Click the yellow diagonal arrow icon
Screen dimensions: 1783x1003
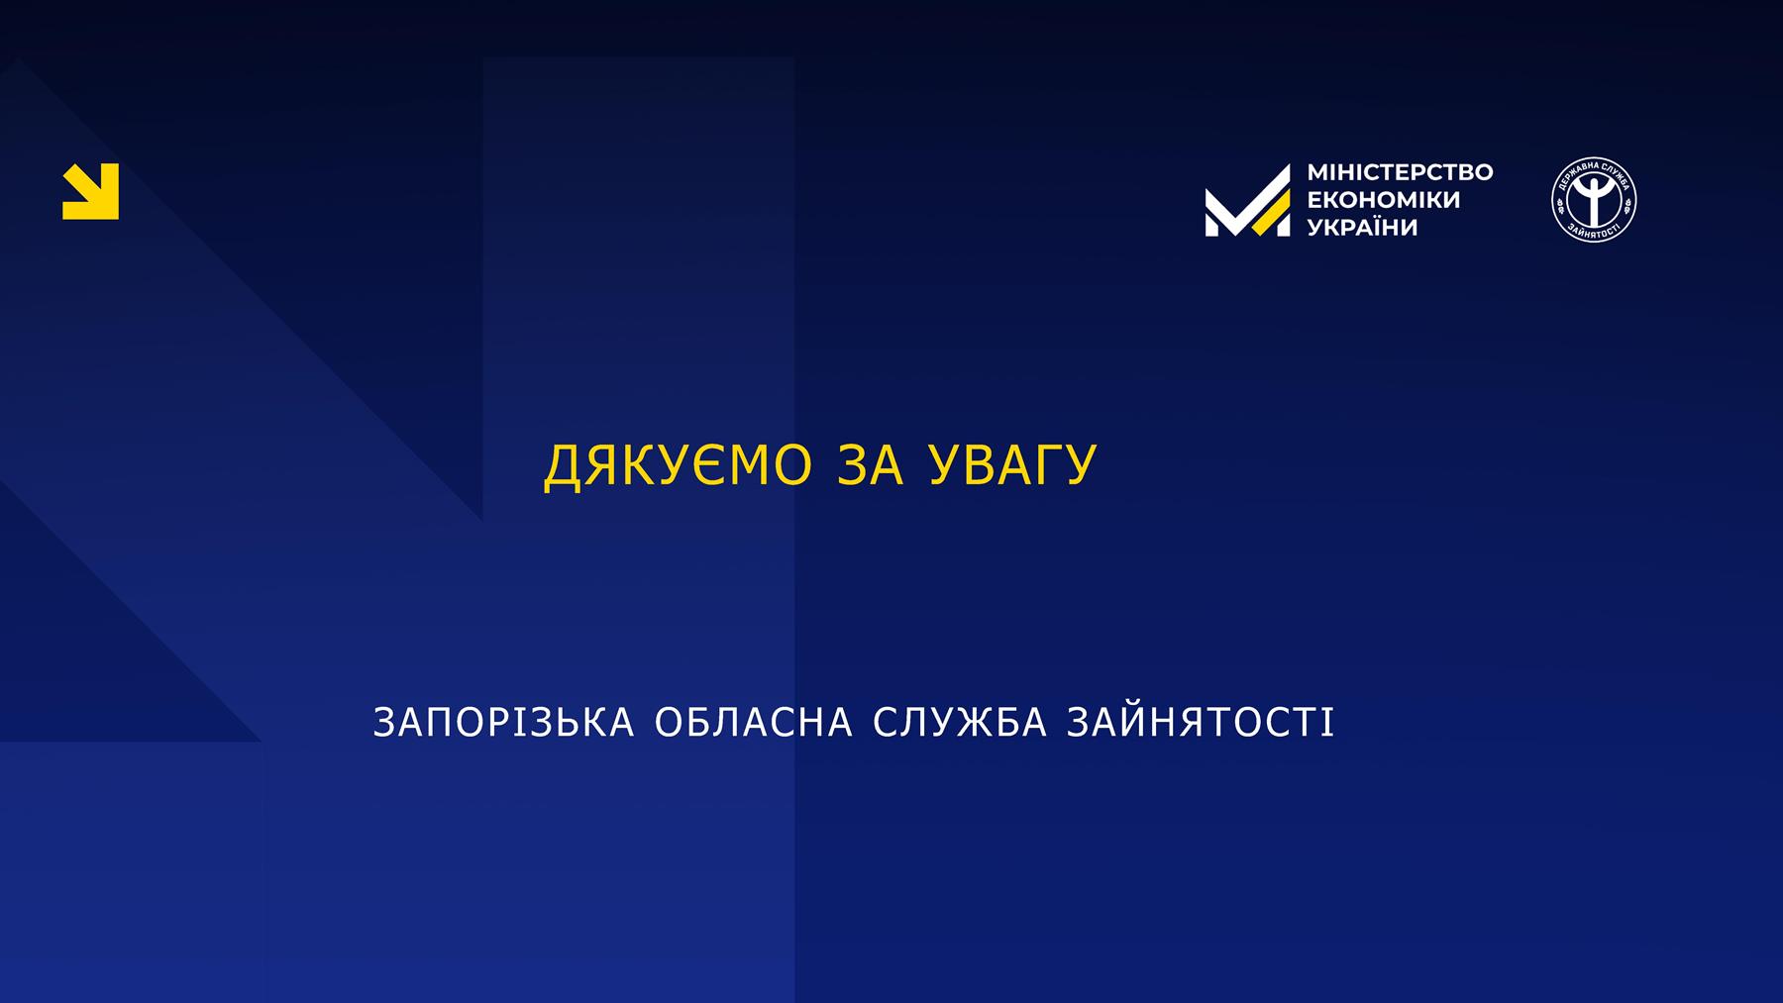click(90, 191)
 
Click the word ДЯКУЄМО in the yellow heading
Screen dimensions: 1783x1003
click(679, 465)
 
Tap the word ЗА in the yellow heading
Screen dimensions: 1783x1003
click(871, 465)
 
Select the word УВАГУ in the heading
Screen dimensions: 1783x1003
click(1012, 465)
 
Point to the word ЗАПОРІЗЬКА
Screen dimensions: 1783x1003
click(503, 723)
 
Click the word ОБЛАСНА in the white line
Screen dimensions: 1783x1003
click(754, 723)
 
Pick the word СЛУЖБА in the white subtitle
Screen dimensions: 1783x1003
click(960, 723)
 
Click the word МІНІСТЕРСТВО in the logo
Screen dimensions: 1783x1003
click(1400, 172)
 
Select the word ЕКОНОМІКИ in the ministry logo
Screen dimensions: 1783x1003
click(1384, 200)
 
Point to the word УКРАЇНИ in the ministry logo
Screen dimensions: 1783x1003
click(1363, 227)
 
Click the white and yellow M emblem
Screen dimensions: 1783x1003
click(1248, 200)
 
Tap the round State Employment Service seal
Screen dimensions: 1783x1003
click(1594, 200)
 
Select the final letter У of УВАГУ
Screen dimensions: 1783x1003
click(1080, 465)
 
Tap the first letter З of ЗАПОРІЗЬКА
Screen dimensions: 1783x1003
click(383, 723)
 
